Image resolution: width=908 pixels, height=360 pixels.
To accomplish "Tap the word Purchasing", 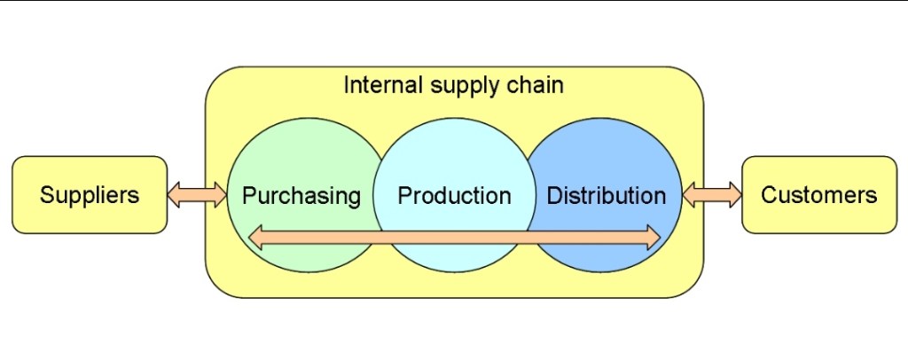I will [301, 195].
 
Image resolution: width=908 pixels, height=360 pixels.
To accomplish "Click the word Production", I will [454, 195].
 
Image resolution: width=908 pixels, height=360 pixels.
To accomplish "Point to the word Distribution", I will [606, 195].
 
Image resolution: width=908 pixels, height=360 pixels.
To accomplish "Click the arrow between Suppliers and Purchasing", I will [197, 195].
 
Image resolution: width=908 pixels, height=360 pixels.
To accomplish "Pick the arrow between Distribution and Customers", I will [712, 195].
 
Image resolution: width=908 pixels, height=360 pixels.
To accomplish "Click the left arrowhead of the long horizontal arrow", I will [256, 237].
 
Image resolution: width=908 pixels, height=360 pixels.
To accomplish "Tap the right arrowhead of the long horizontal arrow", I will [653, 237].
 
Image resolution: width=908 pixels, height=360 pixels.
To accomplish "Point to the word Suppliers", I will [89, 195].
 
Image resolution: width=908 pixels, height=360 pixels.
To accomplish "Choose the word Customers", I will [818, 195].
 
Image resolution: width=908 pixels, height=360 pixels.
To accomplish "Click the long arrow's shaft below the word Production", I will [454, 237].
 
